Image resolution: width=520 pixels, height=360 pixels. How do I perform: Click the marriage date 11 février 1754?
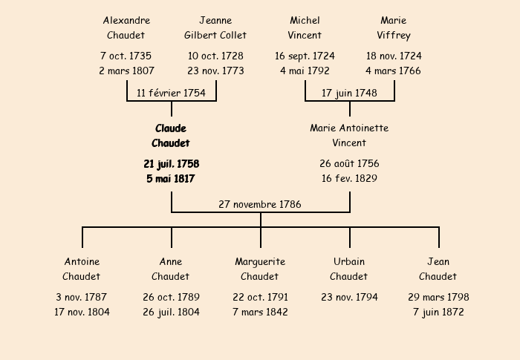(x=171, y=93)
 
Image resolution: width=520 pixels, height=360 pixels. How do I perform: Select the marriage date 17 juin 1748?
(x=349, y=93)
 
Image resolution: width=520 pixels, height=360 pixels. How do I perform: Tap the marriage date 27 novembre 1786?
(x=260, y=204)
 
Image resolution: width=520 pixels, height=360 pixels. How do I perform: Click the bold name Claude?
(x=171, y=128)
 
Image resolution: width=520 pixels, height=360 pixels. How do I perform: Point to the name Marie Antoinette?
(x=349, y=128)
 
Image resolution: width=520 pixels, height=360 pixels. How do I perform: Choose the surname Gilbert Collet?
(x=215, y=35)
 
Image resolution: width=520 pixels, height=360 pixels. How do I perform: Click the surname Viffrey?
(x=394, y=36)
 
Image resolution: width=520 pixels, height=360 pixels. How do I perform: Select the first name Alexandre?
(x=126, y=21)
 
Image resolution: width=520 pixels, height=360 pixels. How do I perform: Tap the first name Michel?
(x=305, y=21)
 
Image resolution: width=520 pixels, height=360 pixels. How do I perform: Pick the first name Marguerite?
(x=260, y=262)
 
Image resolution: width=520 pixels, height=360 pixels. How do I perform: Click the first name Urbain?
(x=349, y=261)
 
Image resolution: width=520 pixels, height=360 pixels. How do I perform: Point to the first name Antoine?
(x=82, y=261)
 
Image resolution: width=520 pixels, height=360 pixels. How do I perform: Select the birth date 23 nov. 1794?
(x=349, y=297)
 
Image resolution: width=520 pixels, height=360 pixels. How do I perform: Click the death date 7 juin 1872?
(x=438, y=312)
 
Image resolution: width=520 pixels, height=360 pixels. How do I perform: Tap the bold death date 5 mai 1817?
(x=170, y=179)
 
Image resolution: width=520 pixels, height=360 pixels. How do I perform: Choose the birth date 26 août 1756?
(x=349, y=163)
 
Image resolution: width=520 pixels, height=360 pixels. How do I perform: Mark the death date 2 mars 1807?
(x=126, y=71)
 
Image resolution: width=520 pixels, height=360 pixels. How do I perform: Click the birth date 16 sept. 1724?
(x=305, y=56)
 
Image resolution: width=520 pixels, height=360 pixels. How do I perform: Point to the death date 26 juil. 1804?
(x=171, y=312)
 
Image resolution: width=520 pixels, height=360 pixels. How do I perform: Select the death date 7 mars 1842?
(x=260, y=312)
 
